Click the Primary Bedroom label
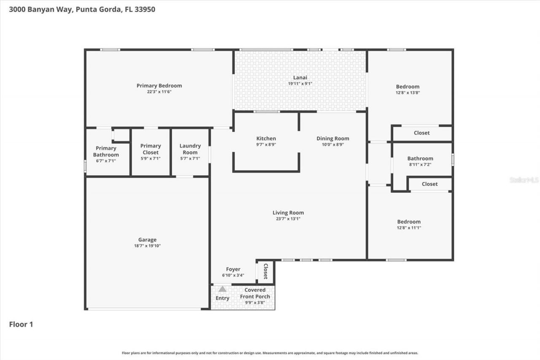tap(159, 86)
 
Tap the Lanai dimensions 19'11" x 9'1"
tap(300, 84)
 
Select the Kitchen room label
tap(266, 138)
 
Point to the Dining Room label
tap(333, 138)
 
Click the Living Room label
tap(288, 213)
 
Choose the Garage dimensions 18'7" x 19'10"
tap(147, 246)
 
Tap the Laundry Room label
tap(190, 149)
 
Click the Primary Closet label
tap(151, 149)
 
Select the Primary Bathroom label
tap(106, 152)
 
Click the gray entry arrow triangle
tap(222, 289)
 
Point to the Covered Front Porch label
tap(255, 293)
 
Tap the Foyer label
tap(233, 269)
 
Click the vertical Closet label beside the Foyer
tap(266, 271)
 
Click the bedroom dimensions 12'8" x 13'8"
tap(408, 92)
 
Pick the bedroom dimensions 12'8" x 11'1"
tap(409, 227)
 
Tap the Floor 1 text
tap(21, 325)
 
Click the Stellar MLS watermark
tap(524, 180)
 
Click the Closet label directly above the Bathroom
tap(421, 133)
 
